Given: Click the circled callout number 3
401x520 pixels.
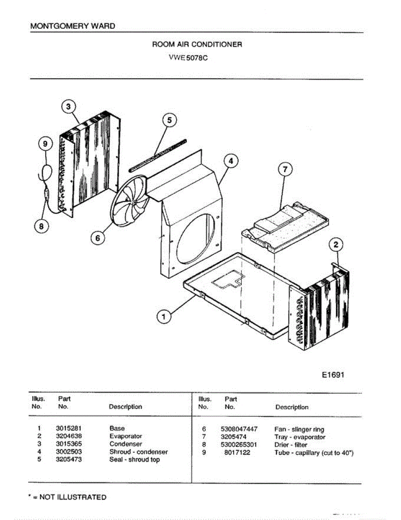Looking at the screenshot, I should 68,106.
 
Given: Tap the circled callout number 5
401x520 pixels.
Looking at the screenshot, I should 170,120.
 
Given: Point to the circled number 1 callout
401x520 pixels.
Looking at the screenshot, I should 163,317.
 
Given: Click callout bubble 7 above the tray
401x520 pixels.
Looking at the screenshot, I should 285,170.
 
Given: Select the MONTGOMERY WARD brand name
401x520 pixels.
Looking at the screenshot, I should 73,26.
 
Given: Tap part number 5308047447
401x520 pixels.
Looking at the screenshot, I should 239,429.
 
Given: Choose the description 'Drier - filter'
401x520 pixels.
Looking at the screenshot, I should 291,445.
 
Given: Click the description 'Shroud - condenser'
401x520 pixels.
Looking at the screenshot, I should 138,452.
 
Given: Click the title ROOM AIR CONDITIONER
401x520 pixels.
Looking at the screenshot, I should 197,45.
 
